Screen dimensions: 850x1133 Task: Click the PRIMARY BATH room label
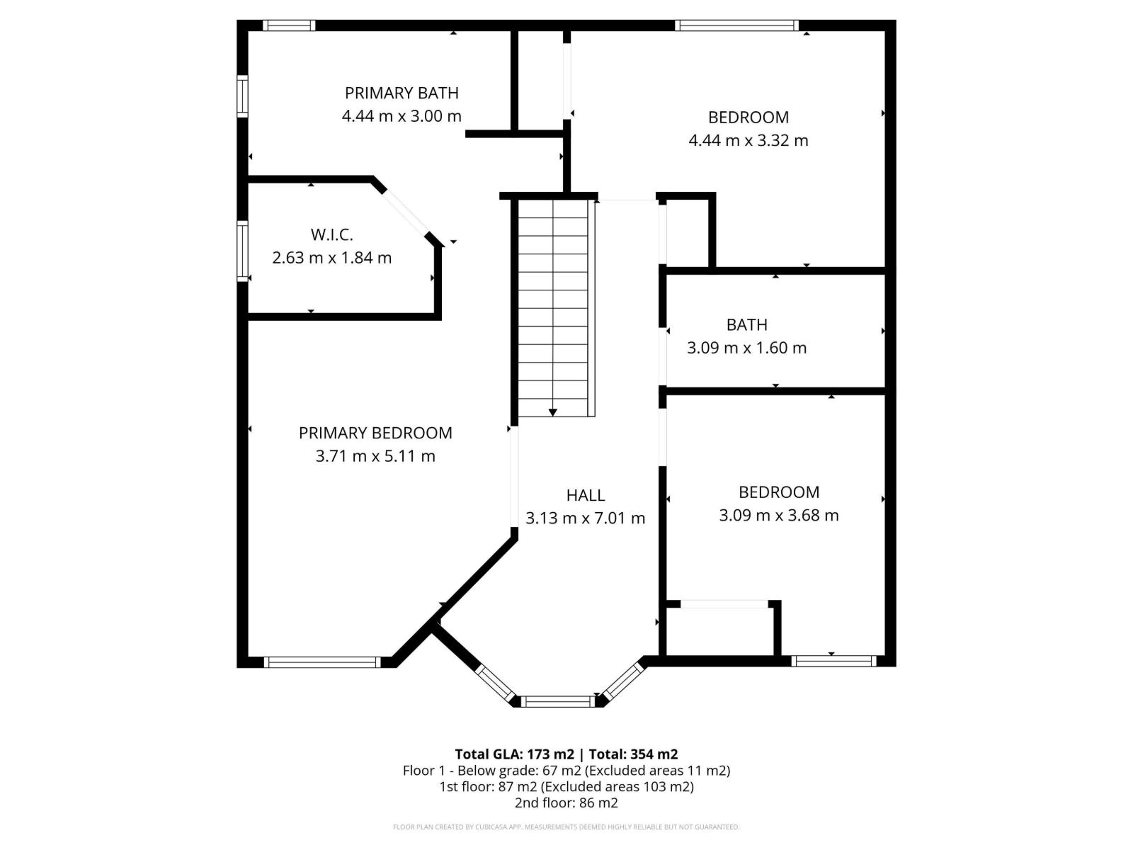pos(402,93)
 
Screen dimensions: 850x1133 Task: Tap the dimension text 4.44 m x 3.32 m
pos(748,140)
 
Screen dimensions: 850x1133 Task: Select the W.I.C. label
pos(331,234)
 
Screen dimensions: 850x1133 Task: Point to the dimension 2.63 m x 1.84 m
pos(331,258)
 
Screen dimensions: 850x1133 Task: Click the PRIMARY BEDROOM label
pos(375,433)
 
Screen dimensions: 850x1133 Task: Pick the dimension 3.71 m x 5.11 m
pos(375,456)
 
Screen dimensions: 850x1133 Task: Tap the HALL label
pos(586,495)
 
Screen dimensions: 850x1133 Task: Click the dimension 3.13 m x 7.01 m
pos(585,518)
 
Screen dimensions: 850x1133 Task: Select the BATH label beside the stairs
pos(746,324)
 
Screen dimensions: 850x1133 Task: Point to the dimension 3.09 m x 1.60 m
pos(746,348)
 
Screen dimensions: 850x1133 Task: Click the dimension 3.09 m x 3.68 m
pos(778,516)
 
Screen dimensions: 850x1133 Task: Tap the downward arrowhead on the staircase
pos(553,412)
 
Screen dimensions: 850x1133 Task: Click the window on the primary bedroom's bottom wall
pos(322,662)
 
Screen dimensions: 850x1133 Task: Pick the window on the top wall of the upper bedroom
pos(736,25)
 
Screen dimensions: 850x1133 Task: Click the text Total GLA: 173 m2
pos(514,754)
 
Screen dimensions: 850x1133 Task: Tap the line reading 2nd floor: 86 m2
pos(566,803)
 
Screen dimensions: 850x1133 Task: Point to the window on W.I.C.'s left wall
pos(243,251)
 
